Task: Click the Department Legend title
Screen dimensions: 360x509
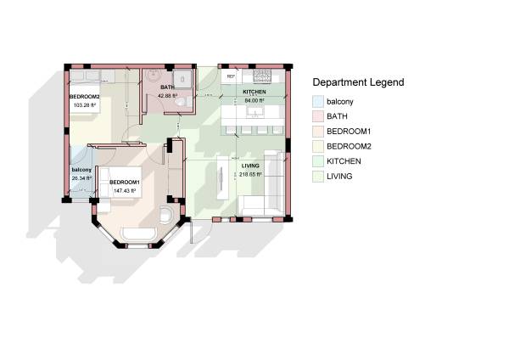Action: click(x=358, y=82)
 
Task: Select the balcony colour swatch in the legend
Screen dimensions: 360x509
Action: click(x=318, y=102)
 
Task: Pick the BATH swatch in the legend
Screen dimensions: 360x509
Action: click(x=318, y=116)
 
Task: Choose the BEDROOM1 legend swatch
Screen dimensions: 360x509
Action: click(x=318, y=132)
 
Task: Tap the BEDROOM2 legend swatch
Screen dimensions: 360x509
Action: click(x=318, y=146)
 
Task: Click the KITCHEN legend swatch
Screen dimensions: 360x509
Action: click(x=318, y=160)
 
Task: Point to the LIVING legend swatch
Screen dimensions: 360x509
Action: click(x=318, y=176)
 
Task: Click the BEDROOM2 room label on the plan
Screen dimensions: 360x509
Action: click(x=84, y=97)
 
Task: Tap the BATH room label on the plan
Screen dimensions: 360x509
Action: click(x=168, y=87)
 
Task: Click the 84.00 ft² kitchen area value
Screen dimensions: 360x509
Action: click(x=255, y=99)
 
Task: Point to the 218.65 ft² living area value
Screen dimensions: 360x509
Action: click(x=250, y=174)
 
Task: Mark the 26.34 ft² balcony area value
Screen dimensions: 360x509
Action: click(x=81, y=178)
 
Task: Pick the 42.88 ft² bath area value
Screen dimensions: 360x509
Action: click(x=168, y=96)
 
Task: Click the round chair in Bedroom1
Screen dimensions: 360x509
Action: click(x=167, y=211)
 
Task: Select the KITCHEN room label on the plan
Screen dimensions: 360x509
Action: click(x=255, y=91)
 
